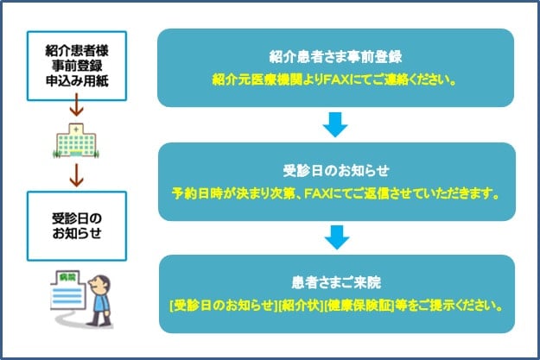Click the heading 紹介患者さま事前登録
point(335,57)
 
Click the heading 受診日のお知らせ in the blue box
point(336,171)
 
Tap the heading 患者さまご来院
point(336,283)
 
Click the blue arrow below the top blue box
point(335,124)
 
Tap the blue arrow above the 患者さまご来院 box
point(337,237)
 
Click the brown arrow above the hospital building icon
point(76,104)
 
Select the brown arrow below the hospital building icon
point(76,175)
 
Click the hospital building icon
point(76,141)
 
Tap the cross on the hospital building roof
point(76,129)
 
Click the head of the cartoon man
point(99,285)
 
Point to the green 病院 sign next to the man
point(67,277)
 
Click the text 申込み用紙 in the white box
point(77,81)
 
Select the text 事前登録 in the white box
point(77,66)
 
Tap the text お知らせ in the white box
point(77,233)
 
